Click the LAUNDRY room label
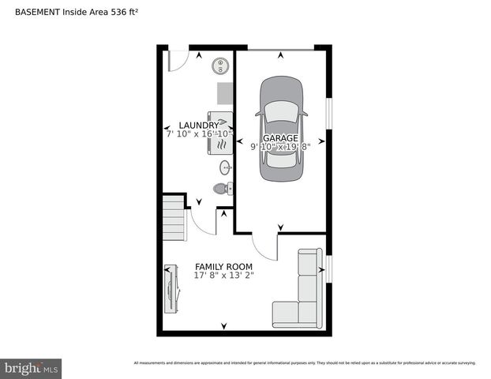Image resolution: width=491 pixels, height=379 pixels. coord(198,126)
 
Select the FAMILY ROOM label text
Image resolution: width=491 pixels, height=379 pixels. coord(223,267)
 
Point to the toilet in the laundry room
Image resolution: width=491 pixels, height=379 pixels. coord(222,189)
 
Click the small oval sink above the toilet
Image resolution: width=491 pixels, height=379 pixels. coord(225,167)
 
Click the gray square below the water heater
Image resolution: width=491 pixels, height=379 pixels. coord(225,93)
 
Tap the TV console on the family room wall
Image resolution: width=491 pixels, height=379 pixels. coord(169,287)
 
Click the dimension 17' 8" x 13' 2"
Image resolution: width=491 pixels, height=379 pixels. coord(223,276)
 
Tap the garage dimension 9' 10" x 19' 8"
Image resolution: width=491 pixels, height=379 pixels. coord(281,147)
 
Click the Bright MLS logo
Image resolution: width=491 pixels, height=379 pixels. coord(32,368)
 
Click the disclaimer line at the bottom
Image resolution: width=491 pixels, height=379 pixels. coord(304,363)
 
